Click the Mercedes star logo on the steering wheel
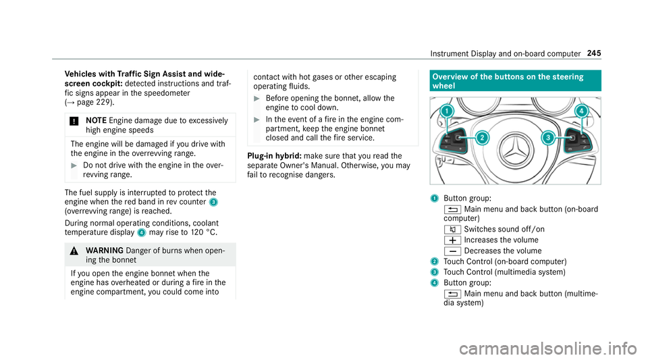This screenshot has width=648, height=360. (514, 141)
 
